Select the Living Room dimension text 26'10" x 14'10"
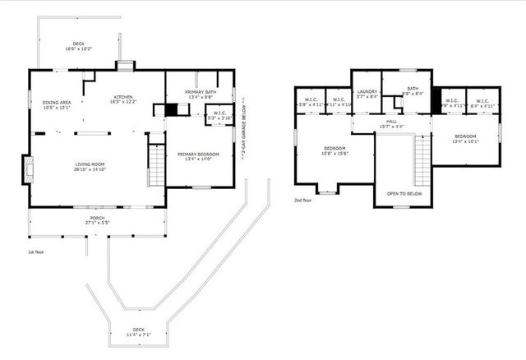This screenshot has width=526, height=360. (90, 168)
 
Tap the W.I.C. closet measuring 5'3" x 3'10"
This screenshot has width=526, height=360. (219, 115)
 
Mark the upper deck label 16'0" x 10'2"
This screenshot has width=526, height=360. (79, 47)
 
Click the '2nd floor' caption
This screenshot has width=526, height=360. (303, 200)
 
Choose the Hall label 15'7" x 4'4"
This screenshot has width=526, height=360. (391, 124)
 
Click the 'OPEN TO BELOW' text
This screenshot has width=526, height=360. (404, 195)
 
